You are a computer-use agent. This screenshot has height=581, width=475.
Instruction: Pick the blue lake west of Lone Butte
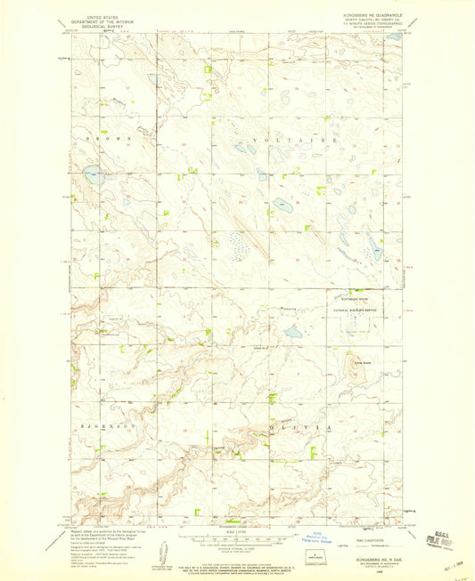(x=292, y=335)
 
